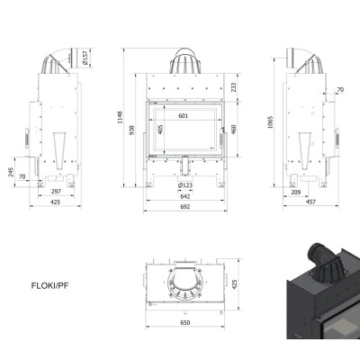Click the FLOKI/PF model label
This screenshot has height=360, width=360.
pos(49,285)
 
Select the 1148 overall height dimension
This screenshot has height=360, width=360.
pos(121,117)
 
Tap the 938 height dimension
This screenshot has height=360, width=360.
pos(132,130)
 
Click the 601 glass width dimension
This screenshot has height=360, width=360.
pos(184,116)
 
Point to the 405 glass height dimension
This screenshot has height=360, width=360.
pos(160,130)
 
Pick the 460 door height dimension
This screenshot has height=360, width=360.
pos(234,130)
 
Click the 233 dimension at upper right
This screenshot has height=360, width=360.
pos(234,87)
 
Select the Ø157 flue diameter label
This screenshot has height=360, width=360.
pos(85,58)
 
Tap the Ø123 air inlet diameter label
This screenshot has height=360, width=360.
pos(185,185)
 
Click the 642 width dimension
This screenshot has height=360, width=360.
pos(185,196)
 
